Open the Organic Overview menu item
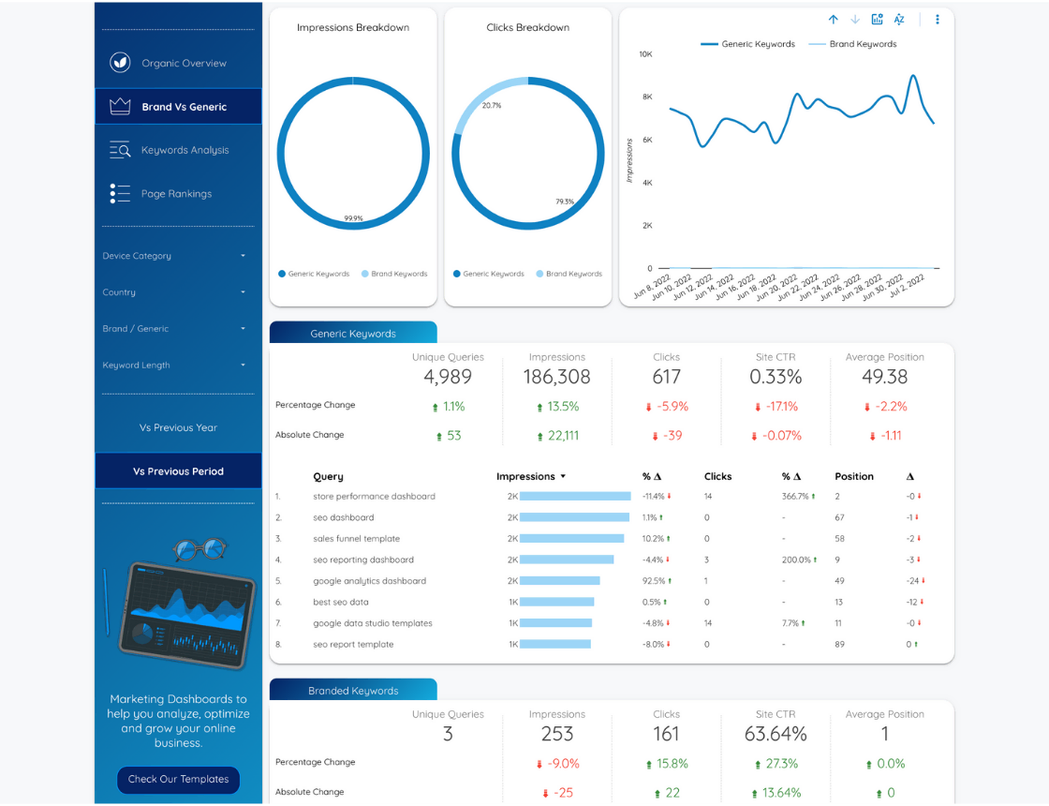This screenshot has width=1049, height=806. [x=184, y=64]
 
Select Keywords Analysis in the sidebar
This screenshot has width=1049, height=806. [x=185, y=150]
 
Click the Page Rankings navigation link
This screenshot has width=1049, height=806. [x=176, y=194]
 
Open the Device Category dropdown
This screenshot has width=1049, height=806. [x=176, y=256]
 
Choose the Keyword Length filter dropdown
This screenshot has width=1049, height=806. [x=176, y=366]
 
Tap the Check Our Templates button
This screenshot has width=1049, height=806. [x=178, y=779]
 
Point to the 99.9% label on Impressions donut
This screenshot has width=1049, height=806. [x=353, y=218]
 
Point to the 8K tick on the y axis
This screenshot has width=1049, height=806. [x=646, y=97]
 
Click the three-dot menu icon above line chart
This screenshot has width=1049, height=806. [x=938, y=20]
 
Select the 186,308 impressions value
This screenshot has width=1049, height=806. [x=556, y=377]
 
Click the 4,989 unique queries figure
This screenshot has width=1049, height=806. [x=448, y=377]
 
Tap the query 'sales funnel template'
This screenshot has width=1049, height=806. [x=356, y=539]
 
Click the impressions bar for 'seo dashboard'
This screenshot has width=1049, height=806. [x=574, y=517]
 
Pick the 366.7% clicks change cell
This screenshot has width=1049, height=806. [x=797, y=497]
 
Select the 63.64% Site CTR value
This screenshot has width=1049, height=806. [x=776, y=734]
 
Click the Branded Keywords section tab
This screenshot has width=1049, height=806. [x=353, y=691]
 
